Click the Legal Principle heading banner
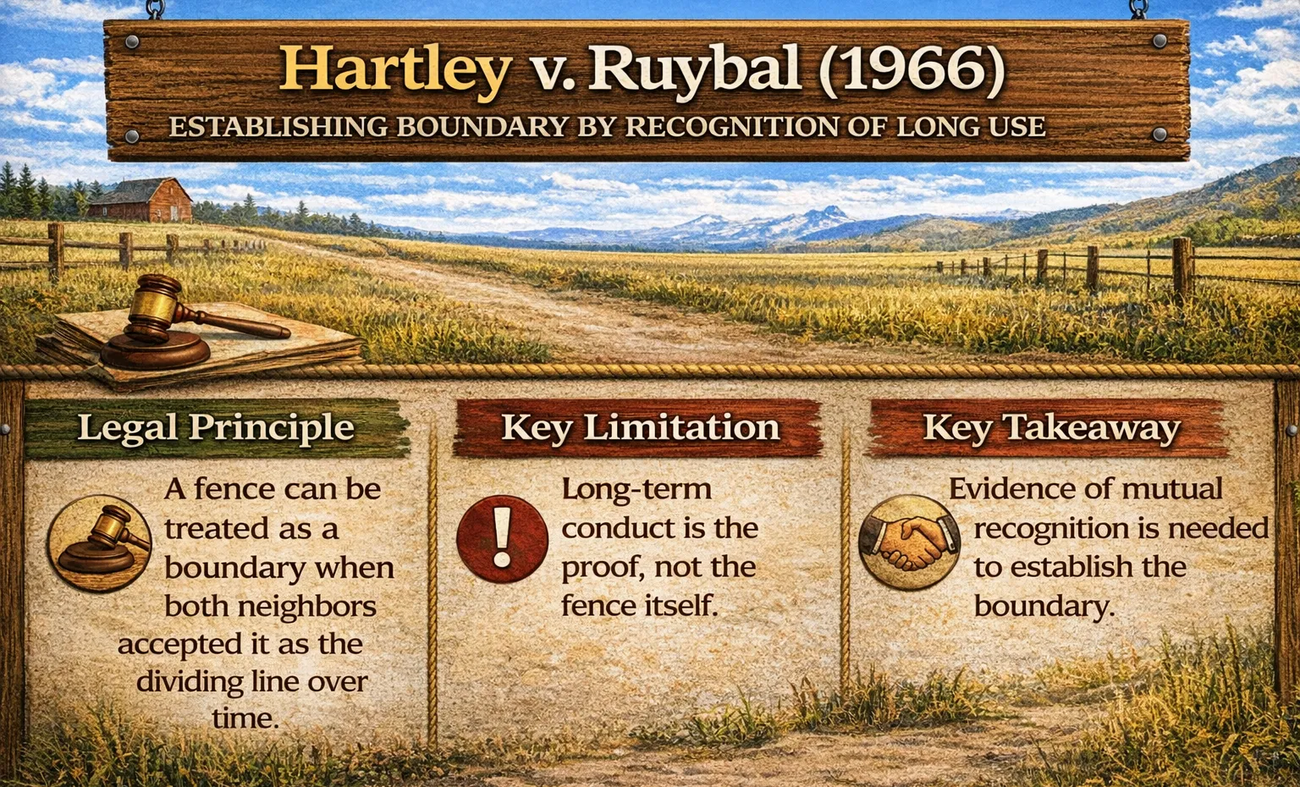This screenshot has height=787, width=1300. pos(216,427)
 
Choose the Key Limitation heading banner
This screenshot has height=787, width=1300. pos(640,427)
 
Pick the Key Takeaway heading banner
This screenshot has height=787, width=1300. pos(1050,428)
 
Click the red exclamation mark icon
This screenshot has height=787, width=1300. pos(502,538)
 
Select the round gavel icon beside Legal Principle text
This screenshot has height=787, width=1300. pos(100,542)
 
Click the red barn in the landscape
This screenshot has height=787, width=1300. pos(140,201)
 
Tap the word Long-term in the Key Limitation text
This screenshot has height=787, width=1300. pos(636,489)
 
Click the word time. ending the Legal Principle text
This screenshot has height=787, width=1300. pos(245,718)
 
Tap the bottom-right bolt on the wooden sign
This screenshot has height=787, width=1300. pos(1160,135)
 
